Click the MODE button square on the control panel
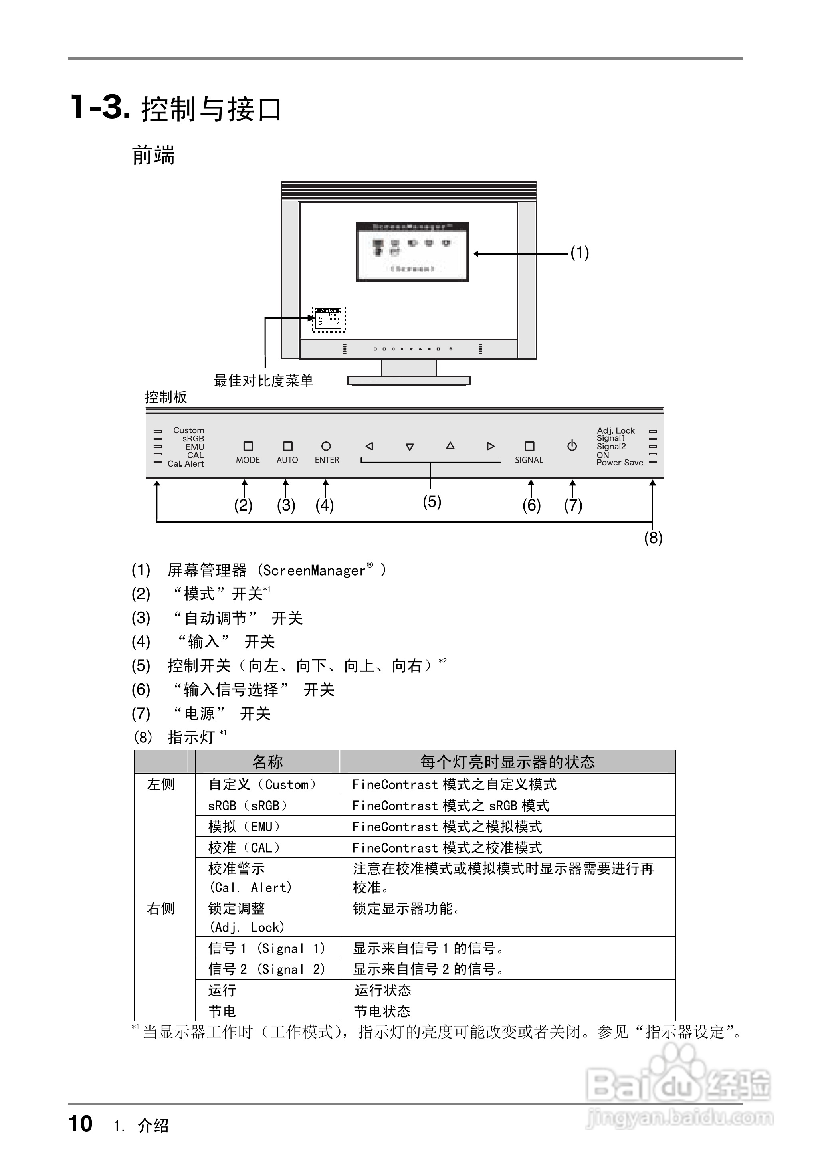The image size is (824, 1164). pyautogui.click(x=248, y=446)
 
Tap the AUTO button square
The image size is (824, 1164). pyautogui.click(x=288, y=446)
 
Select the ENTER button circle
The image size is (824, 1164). pyautogui.click(x=326, y=446)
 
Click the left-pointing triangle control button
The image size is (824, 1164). pyautogui.click(x=369, y=446)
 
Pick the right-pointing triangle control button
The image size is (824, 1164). pyautogui.click(x=491, y=446)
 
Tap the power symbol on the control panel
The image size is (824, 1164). pyautogui.click(x=572, y=446)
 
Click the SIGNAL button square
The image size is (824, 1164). pyautogui.click(x=529, y=446)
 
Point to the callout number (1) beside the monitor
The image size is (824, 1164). pyautogui.click(x=579, y=253)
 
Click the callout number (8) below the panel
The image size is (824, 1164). pyautogui.click(x=653, y=538)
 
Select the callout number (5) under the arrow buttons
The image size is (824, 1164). pyautogui.click(x=432, y=502)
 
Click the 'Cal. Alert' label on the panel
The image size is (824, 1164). pyautogui.click(x=186, y=463)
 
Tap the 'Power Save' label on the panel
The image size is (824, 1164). pyautogui.click(x=620, y=463)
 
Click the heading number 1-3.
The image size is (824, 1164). pyautogui.click(x=99, y=107)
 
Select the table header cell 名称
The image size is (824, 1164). pyautogui.click(x=267, y=762)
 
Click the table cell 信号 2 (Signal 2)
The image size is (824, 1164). pyautogui.click(x=266, y=969)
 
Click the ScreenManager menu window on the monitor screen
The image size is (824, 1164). pyautogui.click(x=412, y=252)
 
